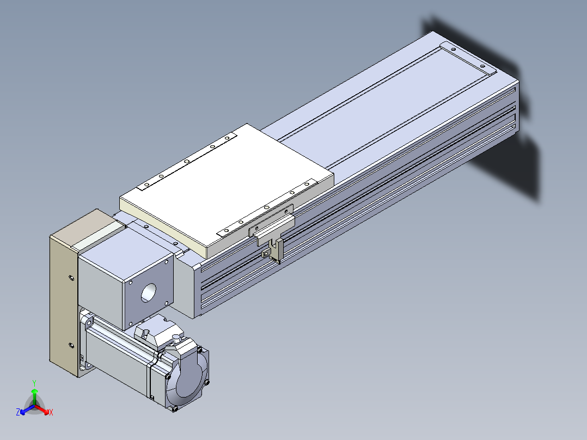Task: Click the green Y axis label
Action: (34, 383)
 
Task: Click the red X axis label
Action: (51, 412)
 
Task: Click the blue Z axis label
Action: (18, 412)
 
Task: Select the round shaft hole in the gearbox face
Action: (148, 293)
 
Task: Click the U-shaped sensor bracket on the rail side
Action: (276, 251)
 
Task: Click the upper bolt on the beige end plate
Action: (71, 278)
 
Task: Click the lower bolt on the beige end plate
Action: (71, 345)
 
